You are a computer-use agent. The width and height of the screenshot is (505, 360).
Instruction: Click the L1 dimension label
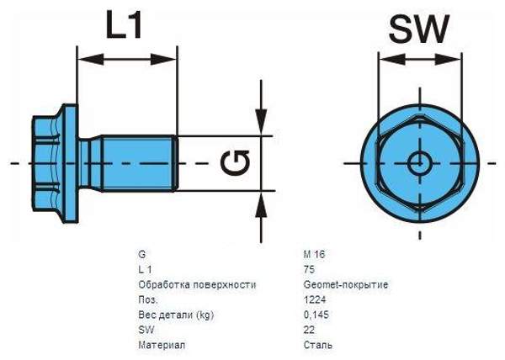(x=126, y=27)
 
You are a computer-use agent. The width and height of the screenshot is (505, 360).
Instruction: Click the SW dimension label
(x=419, y=30)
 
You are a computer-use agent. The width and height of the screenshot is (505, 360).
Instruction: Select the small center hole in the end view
(x=418, y=161)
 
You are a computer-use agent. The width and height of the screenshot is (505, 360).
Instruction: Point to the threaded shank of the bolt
(x=135, y=162)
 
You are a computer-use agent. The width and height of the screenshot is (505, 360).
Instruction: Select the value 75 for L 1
(x=310, y=268)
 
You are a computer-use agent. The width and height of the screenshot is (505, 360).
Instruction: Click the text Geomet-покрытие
(x=346, y=283)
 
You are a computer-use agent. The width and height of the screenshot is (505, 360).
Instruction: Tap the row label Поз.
(x=147, y=299)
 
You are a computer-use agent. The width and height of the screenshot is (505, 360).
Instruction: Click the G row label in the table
(x=141, y=253)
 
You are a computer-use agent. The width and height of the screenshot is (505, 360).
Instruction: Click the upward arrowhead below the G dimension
(x=262, y=201)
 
